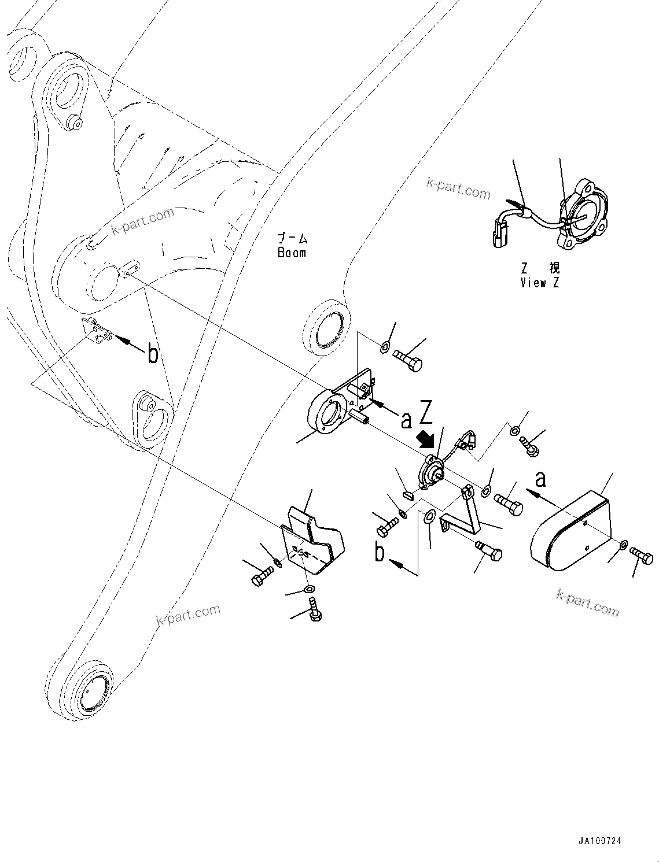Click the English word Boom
(292, 253)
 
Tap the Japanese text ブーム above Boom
(292, 238)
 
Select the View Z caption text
(540, 283)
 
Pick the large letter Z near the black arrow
(426, 412)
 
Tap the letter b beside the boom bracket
(152, 353)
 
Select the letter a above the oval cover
(540, 479)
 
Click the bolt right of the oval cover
(642, 556)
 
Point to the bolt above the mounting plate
(408, 361)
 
